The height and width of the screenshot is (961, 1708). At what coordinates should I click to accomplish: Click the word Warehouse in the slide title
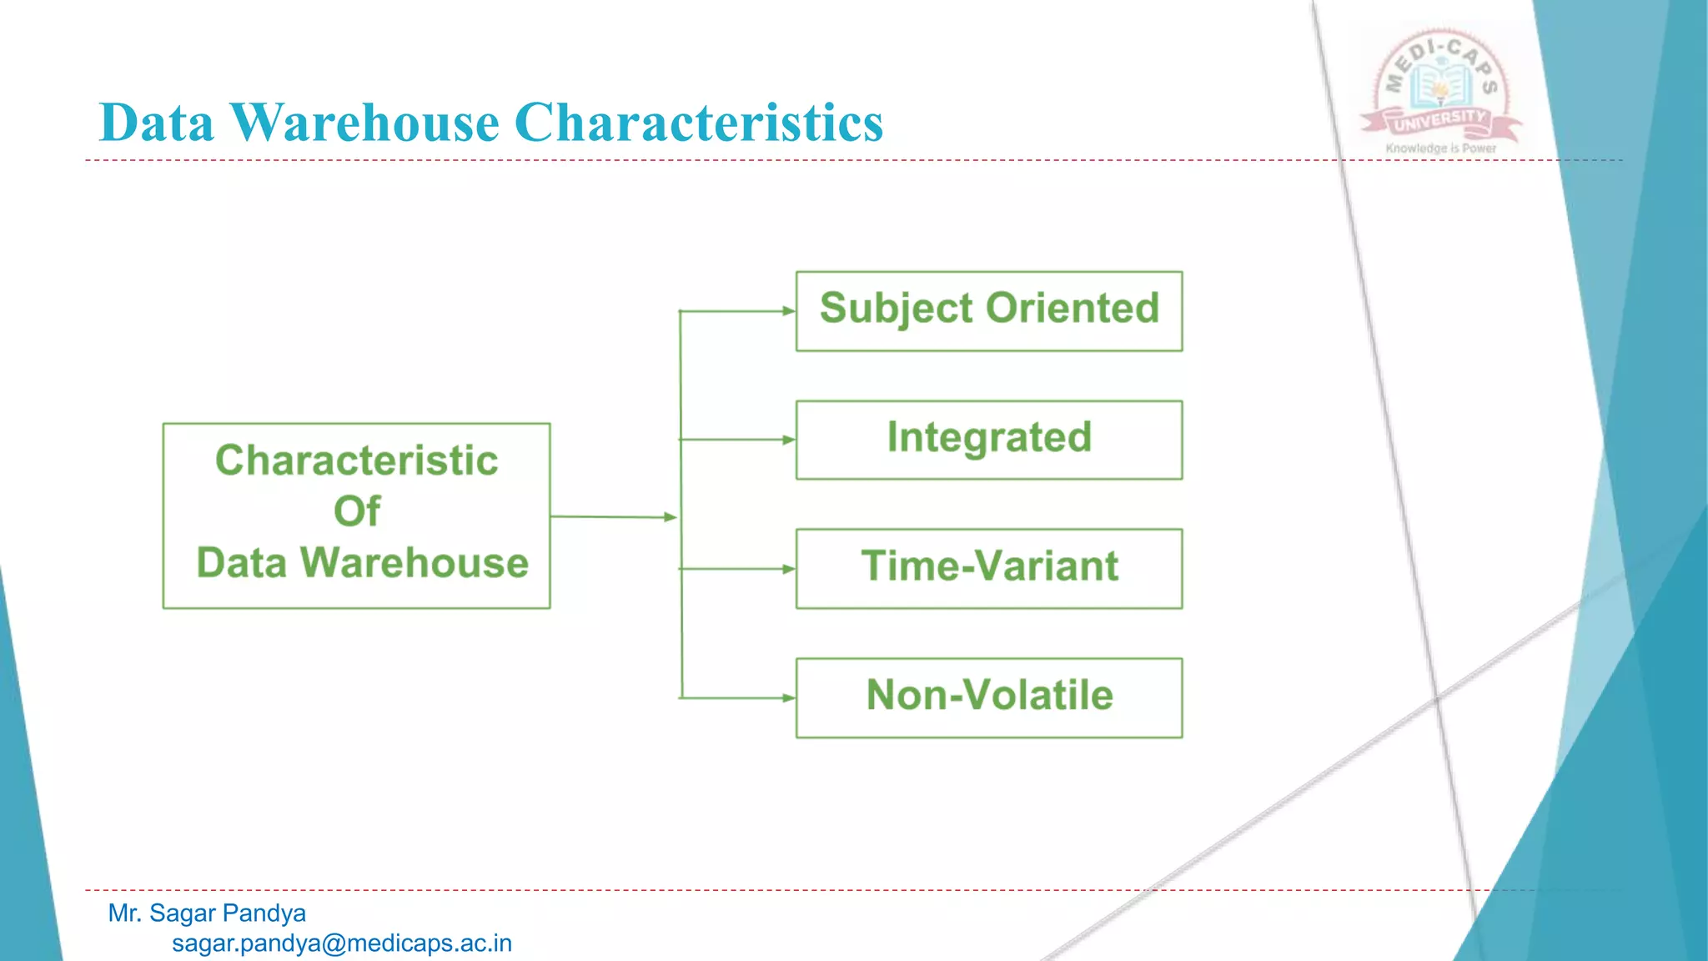pos(364,123)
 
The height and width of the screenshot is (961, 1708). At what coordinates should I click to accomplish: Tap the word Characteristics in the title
pos(699,123)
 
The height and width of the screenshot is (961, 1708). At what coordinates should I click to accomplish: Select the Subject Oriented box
pos(989,311)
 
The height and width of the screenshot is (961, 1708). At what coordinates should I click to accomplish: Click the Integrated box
pos(989,440)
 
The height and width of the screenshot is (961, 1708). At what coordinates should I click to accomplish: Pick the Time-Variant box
pos(989,568)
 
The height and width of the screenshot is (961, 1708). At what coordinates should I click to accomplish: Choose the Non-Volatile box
pos(989,697)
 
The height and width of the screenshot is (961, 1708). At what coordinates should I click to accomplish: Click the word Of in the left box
pos(357,511)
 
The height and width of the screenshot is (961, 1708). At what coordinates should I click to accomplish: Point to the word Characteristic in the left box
pos(357,460)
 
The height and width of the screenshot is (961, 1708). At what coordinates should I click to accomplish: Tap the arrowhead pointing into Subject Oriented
pos(788,311)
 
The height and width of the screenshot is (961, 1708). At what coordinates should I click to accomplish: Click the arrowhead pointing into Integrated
pos(788,440)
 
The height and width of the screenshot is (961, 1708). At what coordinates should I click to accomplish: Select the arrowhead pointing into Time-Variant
pos(788,569)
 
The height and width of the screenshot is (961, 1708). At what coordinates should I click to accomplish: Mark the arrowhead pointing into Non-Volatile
pos(788,697)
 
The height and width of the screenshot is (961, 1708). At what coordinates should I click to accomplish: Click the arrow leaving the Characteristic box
pos(613,517)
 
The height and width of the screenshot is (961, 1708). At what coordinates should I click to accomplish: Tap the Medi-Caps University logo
pos(1440,88)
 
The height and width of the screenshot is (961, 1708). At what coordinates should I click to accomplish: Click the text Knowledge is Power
pos(1440,148)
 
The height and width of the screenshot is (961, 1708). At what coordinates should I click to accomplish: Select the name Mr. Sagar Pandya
pos(207,913)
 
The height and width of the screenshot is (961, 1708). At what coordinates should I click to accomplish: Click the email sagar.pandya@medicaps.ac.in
pos(342,943)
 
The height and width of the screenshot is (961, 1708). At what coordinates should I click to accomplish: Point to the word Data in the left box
pos(242,563)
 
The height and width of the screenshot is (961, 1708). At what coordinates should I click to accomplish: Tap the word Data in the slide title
pos(157,123)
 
